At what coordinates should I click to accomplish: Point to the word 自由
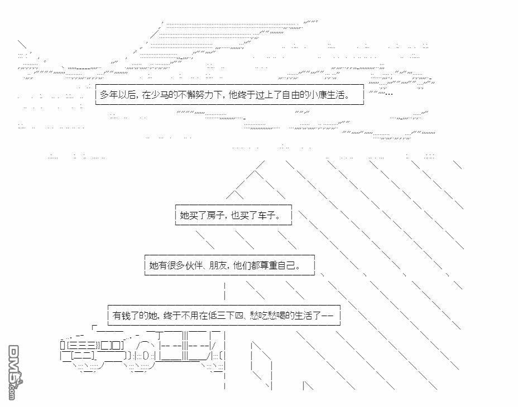[290, 95]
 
